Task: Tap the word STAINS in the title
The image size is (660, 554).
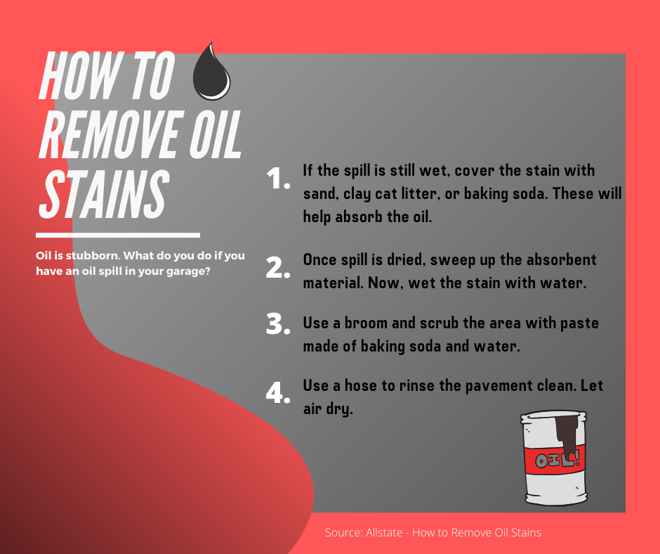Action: point(103,195)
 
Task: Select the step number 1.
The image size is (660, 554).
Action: point(278,179)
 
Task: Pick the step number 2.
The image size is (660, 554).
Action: point(278,268)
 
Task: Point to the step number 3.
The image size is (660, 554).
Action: point(278,324)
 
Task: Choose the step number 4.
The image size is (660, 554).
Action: point(278,392)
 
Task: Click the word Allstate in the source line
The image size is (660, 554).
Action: point(384,532)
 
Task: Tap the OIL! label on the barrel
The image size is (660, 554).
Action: point(557,459)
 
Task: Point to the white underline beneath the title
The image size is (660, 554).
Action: point(118,236)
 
